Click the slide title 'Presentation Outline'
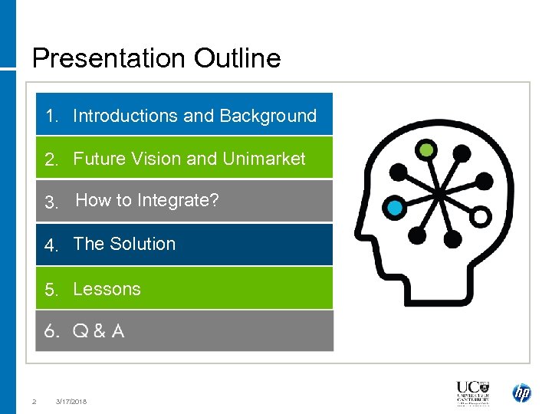click(156, 58)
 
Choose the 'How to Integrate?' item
click(146, 201)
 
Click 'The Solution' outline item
click(124, 244)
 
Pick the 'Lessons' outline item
click(107, 289)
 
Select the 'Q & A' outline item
click(98, 331)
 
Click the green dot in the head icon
click(426, 149)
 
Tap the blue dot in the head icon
click(395, 207)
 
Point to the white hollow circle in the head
click(480, 216)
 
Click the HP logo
click(521, 393)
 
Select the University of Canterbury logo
click(472, 393)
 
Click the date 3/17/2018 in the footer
click(71, 401)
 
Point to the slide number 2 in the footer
click(34, 401)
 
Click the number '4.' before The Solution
click(51, 245)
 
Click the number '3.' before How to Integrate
click(51, 202)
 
